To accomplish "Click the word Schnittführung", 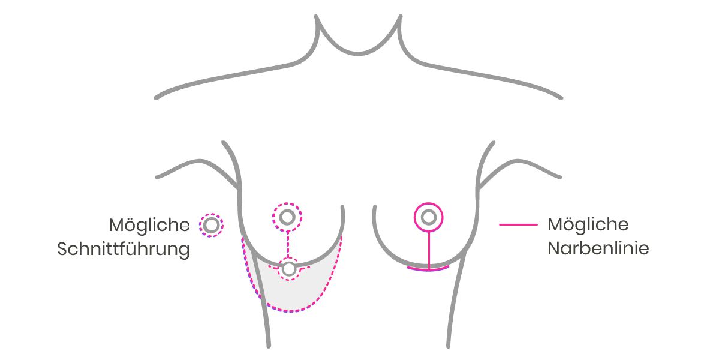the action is [124, 250].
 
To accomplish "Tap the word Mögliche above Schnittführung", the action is [149, 225].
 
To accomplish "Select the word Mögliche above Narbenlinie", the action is [588, 224].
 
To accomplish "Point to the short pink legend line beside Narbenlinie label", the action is [518, 225].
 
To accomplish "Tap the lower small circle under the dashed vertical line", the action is [288, 269].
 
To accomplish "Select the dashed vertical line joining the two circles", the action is [287, 245].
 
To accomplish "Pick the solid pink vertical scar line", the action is [429, 250].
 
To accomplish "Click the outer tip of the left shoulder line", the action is [156, 97].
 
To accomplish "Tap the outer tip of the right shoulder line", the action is [560, 97].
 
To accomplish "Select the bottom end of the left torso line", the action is [269, 346].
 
